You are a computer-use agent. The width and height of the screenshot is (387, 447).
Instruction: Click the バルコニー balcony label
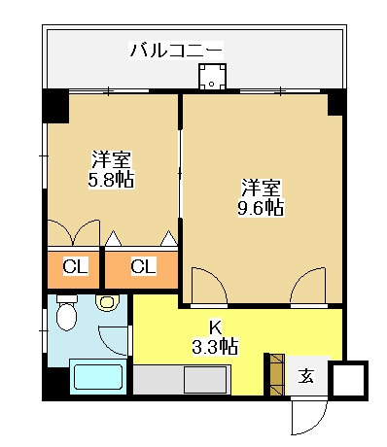coord(177,50)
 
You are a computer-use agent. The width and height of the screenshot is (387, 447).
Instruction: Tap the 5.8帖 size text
coord(111,179)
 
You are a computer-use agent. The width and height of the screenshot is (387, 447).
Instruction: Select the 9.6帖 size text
coord(261,208)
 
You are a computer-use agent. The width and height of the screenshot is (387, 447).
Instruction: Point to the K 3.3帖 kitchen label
coord(215,338)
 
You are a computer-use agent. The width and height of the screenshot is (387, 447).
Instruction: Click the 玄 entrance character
coord(306,376)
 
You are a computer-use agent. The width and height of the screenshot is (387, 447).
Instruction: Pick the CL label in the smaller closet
coord(75,266)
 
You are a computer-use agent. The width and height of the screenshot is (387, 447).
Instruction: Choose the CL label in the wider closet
coord(143,266)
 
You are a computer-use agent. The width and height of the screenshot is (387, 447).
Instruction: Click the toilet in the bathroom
coord(66,313)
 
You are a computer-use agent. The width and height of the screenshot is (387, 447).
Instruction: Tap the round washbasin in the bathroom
coord(108,303)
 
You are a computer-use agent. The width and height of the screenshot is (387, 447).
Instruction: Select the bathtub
coord(98,376)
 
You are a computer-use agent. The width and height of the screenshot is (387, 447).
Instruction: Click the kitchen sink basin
coord(205,379)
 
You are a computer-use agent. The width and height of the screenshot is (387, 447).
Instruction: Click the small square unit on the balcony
coord(212,77)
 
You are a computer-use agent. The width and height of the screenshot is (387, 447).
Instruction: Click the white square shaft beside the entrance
coord(349,379)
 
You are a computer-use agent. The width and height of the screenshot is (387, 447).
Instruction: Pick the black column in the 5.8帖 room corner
coord(55,106)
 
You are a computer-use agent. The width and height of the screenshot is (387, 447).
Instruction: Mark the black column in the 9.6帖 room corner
coord(335,102)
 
